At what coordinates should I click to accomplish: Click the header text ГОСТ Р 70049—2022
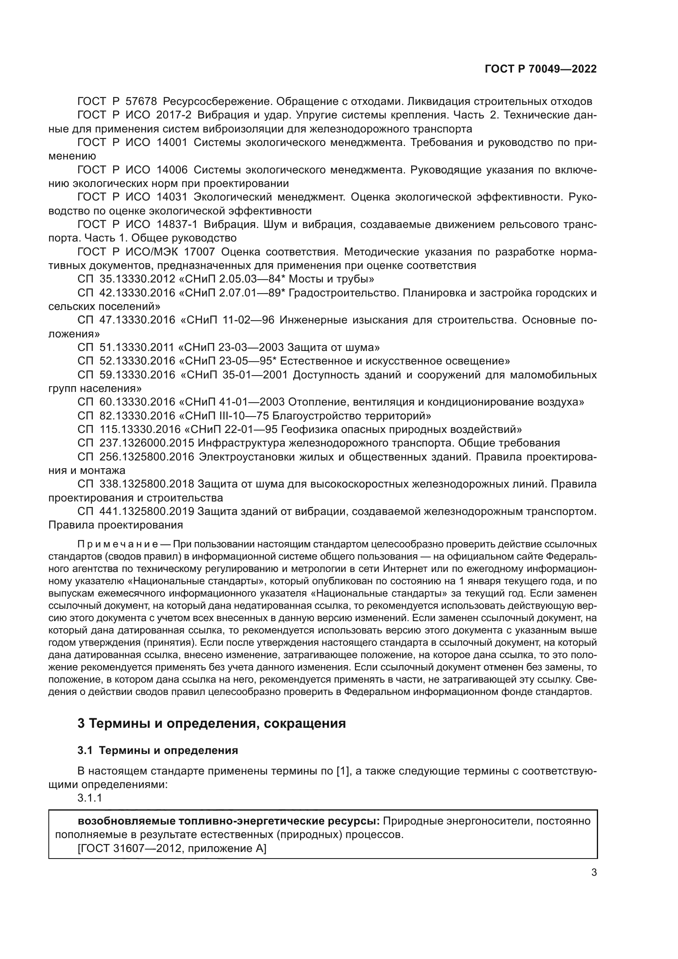coord(540,69)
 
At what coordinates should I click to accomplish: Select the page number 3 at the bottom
coord(594,872)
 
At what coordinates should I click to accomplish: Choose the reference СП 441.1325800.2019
coord(136,511)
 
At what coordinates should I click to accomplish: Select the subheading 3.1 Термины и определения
coord(158,750)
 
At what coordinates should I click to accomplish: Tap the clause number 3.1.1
coord(90,798)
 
